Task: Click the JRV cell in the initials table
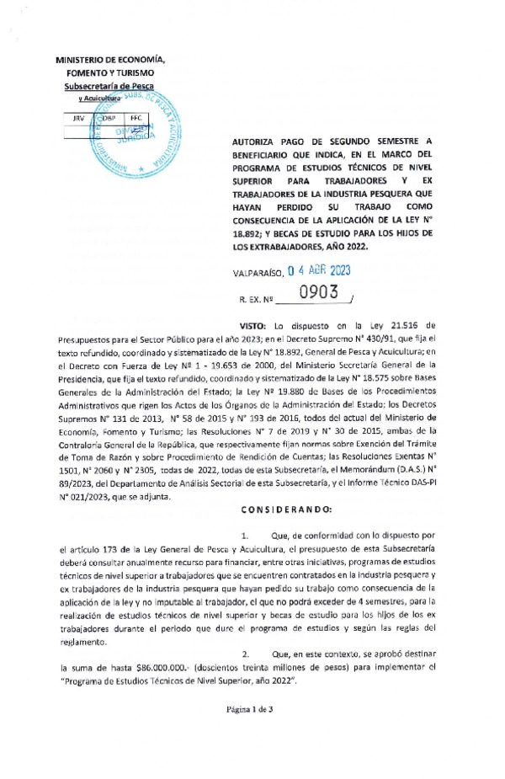coord(79,119)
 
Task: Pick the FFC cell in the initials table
coord(135,119)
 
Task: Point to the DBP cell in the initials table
coord(107,119)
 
